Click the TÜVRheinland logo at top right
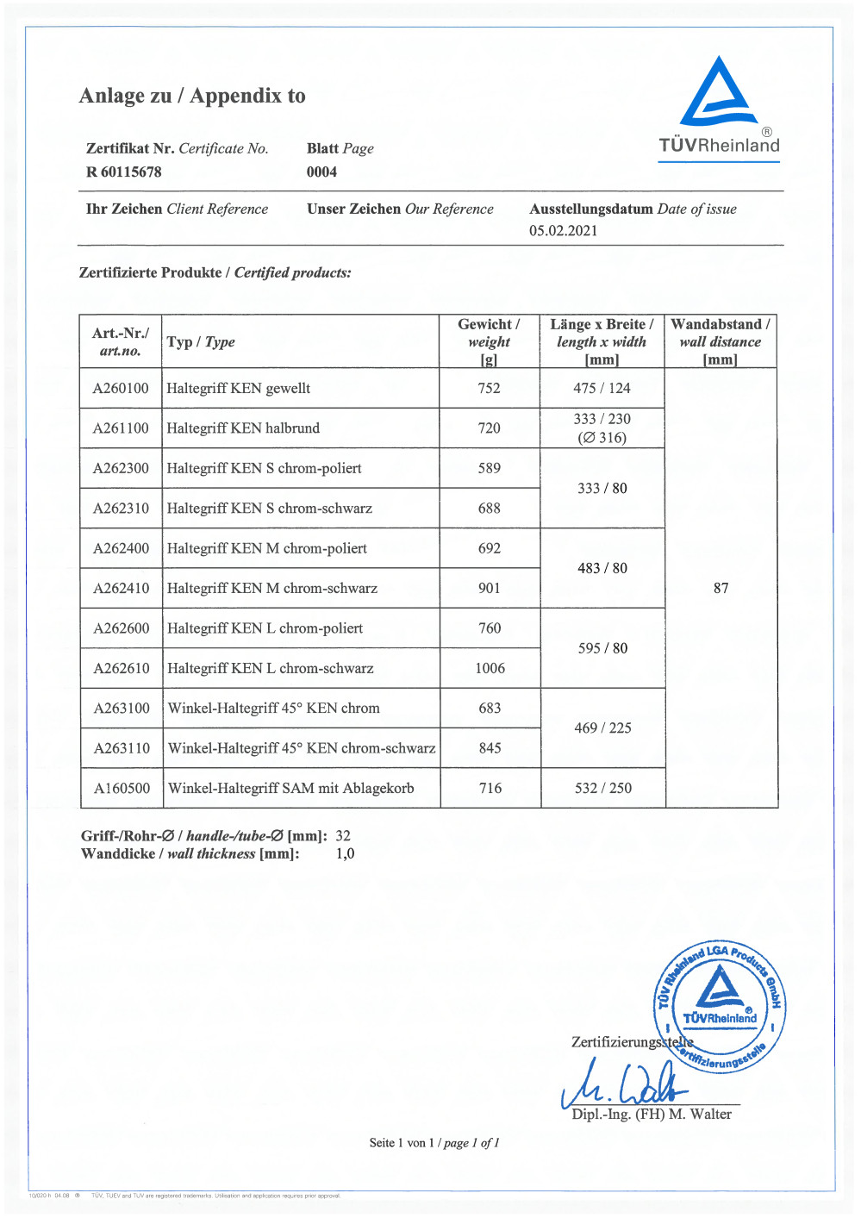(719, 108)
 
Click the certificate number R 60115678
(123, 172)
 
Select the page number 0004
(321, 172)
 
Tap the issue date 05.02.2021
(563, 230)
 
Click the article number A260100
(121, 388)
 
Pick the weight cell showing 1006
(490, 668)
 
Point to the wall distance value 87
(721, 588)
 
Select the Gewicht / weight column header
(489, 341)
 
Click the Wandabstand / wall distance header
(720, 341)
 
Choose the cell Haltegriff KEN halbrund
(243, 428)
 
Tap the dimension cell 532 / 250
(602, 788)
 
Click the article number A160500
(122, 788)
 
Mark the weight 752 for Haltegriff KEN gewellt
(489, 388)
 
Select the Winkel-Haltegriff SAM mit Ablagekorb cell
(290, 788)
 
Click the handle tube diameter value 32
(343, 835)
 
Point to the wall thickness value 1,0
(345, 853)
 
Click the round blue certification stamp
(720, 1006)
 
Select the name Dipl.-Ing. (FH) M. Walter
(651, 1114)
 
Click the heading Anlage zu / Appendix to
(192, 96)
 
